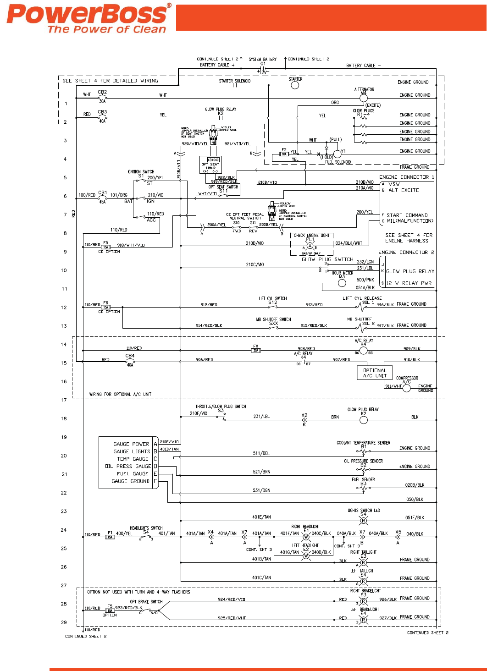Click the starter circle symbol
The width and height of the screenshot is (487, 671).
[x=295, y=85]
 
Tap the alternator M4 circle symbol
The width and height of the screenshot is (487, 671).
[x=364, y=97]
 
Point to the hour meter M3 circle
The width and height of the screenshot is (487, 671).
[x=342, y=283]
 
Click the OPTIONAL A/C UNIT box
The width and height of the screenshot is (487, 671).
[x=375, y=373]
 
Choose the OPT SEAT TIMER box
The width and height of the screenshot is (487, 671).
[x=210, y=165]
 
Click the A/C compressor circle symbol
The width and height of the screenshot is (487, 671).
[x=406, y=388]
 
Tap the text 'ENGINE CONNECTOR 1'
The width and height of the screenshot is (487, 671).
[x=406, y=177]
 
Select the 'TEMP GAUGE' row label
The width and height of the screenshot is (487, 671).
[x=133, y=459]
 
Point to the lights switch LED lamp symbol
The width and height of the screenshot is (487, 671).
[x=363, y=521]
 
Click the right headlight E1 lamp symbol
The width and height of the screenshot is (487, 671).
[x=306, y=537]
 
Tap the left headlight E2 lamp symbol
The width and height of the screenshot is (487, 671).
[x=306, y=555]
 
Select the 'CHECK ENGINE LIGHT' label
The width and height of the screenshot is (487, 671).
[x=312, y=235]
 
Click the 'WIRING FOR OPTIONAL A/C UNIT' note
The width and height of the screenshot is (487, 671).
[x=120, y=394]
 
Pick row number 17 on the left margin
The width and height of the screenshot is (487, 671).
[x=64, y=400]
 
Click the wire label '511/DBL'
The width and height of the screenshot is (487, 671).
[x=261, y=453]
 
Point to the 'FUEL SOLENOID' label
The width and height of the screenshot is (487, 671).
[x=338, y=162]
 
